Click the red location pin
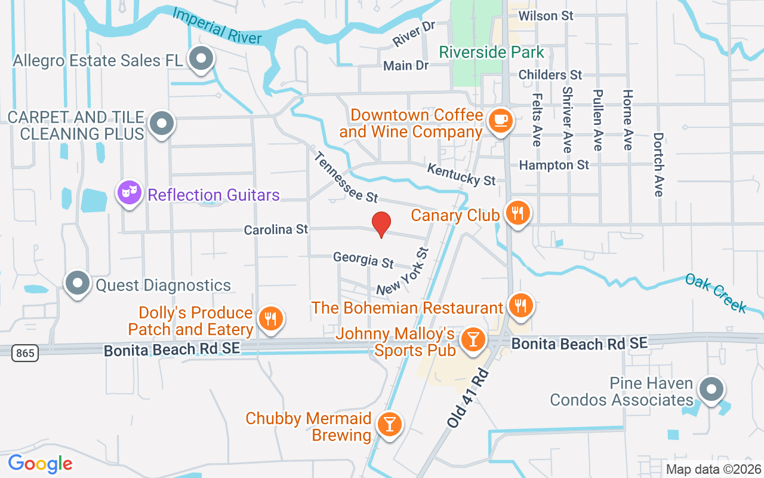pos(381,224)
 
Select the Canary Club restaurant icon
pos(517,213)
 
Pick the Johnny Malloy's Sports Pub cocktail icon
pos(473,339)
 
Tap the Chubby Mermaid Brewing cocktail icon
pos(389,424)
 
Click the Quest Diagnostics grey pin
pos(77,283)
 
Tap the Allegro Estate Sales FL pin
pos(201,59)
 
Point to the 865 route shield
pos(25,353)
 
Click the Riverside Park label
pos(492,52)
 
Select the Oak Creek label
pos(715,293)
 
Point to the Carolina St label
pos(276,229)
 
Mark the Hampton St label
pos(554,165)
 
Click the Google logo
pos(40,464)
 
